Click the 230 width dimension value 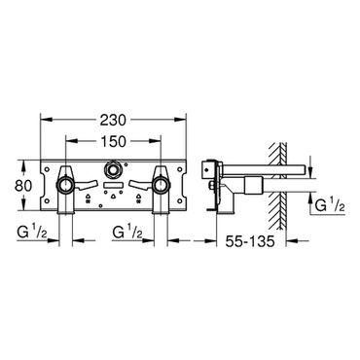click(113, 121)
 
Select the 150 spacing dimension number click(113, 141)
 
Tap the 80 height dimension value click(23, 186)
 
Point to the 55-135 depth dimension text click(250, 241)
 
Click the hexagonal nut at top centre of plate click(113, 169)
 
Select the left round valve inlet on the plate click(65, 185)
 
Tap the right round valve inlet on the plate click(161, 185)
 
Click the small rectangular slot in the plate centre click(113, 186)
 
